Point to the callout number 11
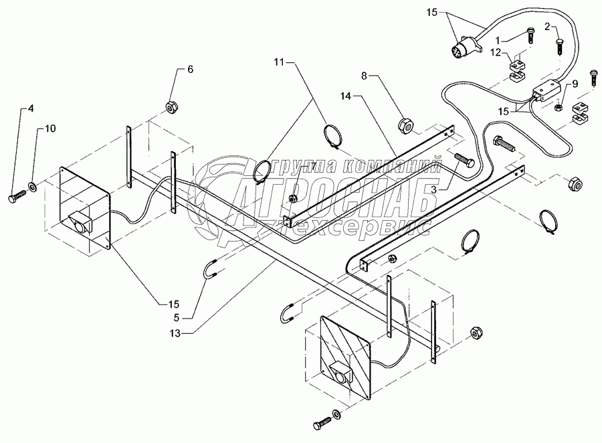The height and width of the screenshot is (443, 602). [278, 62]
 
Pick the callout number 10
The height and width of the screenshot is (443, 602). [50, 128]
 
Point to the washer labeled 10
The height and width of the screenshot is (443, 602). [33, 184]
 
